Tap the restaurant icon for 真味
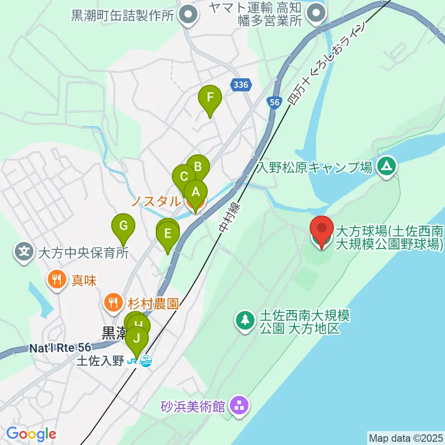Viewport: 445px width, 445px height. click(56, 279)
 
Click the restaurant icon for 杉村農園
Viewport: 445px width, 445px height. click(113, 303)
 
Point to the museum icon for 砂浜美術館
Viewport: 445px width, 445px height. click(240, 407)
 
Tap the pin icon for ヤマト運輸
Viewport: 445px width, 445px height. click(318, 13)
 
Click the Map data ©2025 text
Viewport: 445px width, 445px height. click(406, 438)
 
